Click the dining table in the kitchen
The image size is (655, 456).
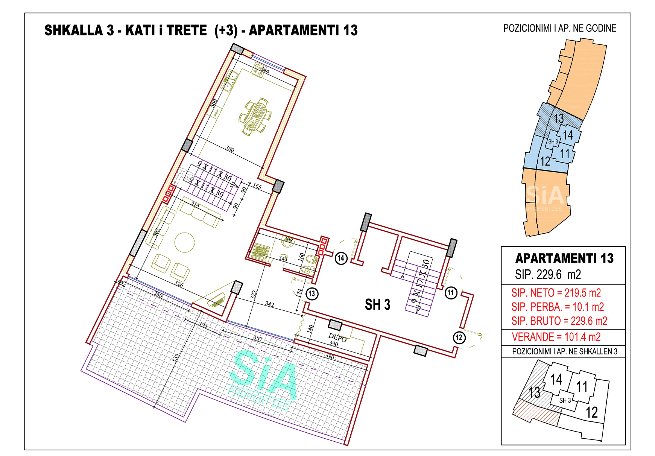(x=255, y=116)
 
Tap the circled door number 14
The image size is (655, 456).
(x=341, y=258)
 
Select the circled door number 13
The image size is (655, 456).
(x=312, y=293)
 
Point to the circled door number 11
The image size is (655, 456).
(x=451, y=293)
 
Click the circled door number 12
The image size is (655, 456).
(x=459, y=337)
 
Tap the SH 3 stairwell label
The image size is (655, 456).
(x=377, y=305)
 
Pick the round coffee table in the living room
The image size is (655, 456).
(x=185, y=243)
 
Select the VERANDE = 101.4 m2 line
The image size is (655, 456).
(x=556, y=337)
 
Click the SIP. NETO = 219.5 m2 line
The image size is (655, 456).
(x=556, y=293)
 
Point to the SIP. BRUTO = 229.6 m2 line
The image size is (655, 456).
(x=559, y=321)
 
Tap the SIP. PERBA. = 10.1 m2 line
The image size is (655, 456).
(x=558, y=307)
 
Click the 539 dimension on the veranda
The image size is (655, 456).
(x=176, y=357)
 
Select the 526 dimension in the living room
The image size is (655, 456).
(x=179, y=284)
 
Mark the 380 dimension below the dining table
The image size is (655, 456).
(x=230, y=149)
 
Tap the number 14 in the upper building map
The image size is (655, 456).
(x=568, y=135)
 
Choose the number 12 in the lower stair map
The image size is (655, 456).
(x=591, y=412)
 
